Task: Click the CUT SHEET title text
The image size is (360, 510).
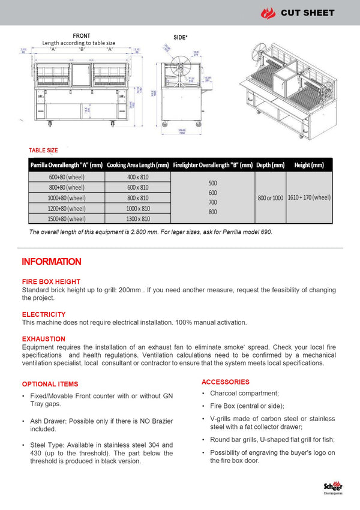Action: click(x=307, y=13)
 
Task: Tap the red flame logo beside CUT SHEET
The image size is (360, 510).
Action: click(x=268, y=13)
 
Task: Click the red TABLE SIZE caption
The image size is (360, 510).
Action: click(x=43, y=150)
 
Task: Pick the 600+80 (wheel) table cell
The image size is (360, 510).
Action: click(x=67, y=177)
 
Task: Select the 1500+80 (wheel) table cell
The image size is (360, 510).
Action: click(x=67, y=218)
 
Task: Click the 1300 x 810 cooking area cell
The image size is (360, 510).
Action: click(x=137, y=218)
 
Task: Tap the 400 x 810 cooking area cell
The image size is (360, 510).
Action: click(x=137, y=177)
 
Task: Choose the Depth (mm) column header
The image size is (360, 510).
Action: click(x=271, y=165)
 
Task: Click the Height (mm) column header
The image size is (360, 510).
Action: click(x=309, y=165)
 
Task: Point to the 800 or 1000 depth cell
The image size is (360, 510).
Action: click(x=271, y=197)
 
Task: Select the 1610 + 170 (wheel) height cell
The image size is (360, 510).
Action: click(x=309, y=197)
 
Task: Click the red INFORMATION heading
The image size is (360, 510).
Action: click(x=52, y=262)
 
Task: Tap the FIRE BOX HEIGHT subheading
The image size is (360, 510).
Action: click(x=51, y=281)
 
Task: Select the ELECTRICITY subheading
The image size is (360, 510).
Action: click(x=44, y=314)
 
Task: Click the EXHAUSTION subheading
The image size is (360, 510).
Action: click(x=44, y=339)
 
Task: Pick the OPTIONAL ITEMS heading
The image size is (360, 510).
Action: click(x=50, y=384)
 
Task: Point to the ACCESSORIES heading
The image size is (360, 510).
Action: click(x=226, y=382)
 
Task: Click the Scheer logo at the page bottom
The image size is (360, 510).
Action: click(x=332, y=487)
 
